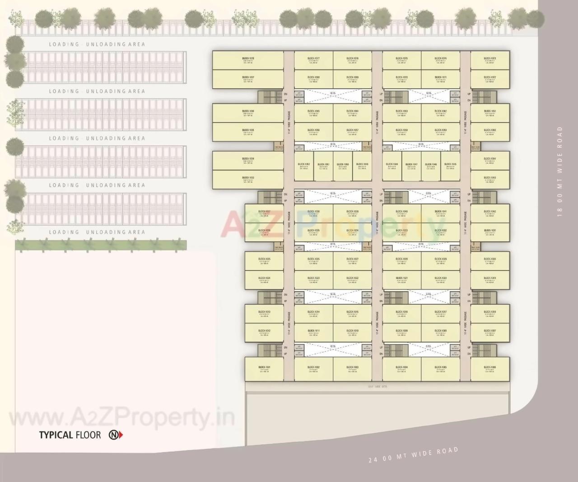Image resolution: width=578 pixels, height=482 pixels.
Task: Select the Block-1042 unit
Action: click(490, 213)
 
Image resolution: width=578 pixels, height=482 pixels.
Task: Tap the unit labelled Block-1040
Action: click(401, 213)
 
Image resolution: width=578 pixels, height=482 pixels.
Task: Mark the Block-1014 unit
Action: click(313, 314)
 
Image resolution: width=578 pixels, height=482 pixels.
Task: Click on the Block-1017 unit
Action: click(441, 314)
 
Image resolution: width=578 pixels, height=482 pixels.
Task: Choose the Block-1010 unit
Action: click(353, 332)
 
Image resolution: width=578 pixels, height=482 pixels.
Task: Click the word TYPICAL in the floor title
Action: click(56, 435)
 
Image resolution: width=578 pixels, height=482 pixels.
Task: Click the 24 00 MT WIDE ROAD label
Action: click(413, 454)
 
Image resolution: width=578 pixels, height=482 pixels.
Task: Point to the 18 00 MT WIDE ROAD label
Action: click(560, 172)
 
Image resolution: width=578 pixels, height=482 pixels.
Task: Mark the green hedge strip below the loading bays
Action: click(101, 245)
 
